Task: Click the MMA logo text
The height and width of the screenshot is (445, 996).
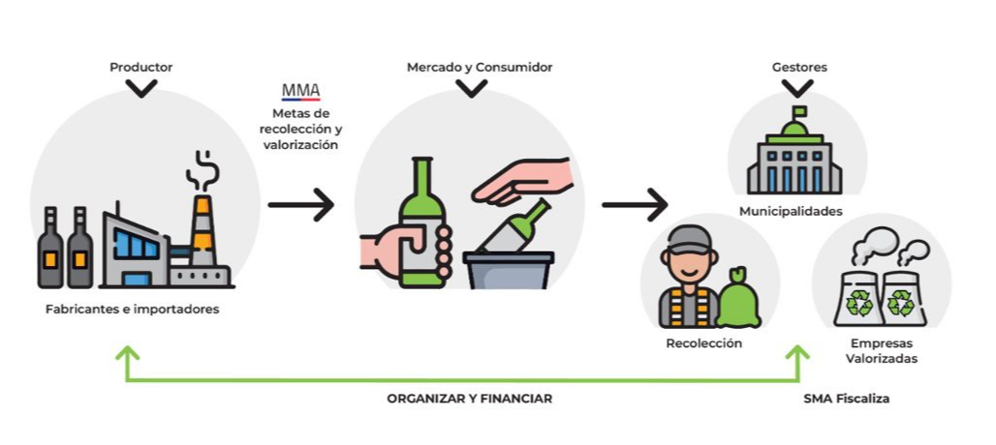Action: coord(300,92)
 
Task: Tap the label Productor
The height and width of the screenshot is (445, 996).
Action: coord(141,68)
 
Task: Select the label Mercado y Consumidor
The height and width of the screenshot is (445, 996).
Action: coord(472,68)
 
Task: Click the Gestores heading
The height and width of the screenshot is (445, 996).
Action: coord(799,68)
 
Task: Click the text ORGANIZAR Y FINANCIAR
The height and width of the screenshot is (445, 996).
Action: coord(470,398)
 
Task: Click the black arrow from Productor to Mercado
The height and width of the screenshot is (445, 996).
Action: coord(300,205)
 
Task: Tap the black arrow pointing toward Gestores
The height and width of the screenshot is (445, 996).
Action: coord(635,205)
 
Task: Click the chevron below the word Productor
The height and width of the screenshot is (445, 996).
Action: coord(141,89)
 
